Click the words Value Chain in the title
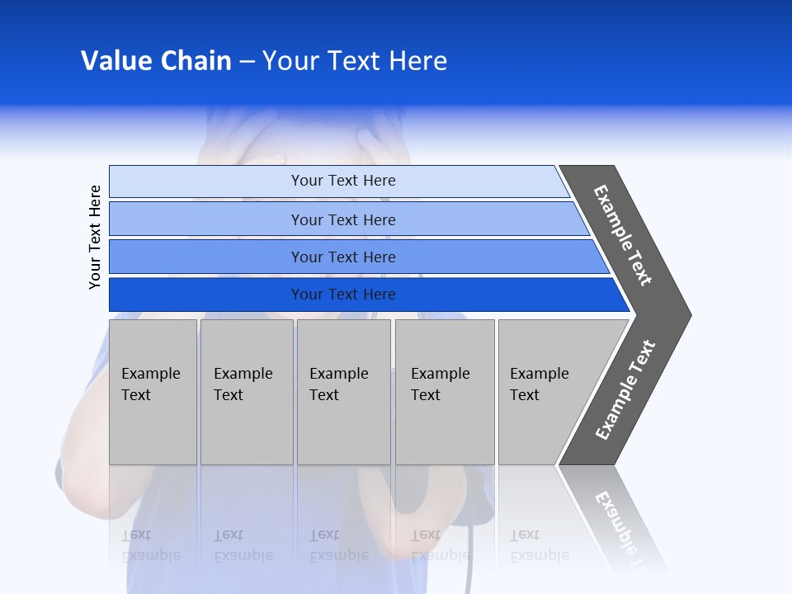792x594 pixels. pyautogui.click(x=156, y=61)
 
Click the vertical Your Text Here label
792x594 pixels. pyautogui.click(x=95, y=237)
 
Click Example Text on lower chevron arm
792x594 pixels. pyautogui.click(x=625, y=390)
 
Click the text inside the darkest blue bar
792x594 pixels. pyautogui.click(x=343, y=295)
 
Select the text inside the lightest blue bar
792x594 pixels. pyautogui.click(x=343, y=181)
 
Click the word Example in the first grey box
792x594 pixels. pyautogui.click(x=150, y=374)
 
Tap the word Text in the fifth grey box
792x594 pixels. pyautogui.click(x=524, y=395)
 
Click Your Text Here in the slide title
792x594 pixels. pyautogui.click(x=355, y=61)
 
